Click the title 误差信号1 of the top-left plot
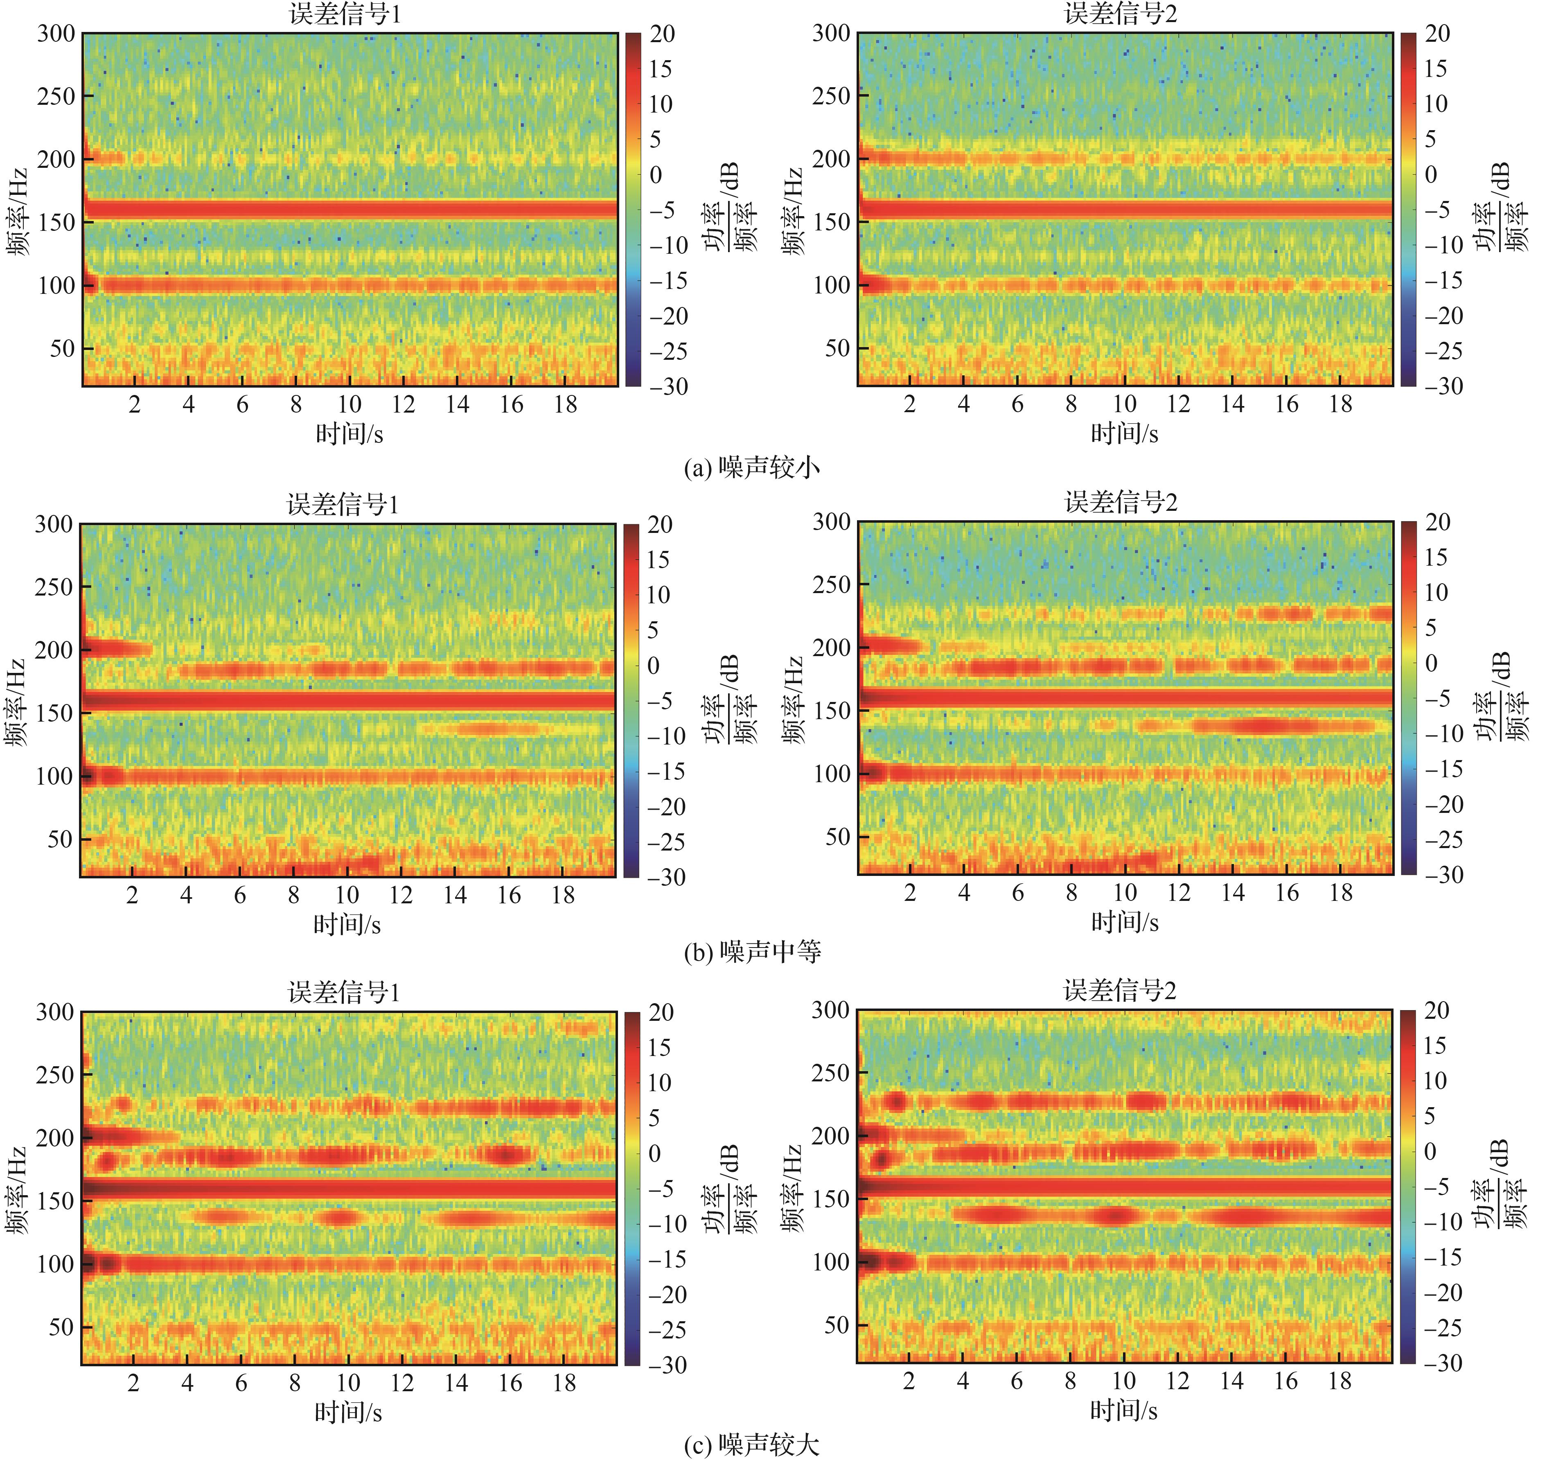(345, 14)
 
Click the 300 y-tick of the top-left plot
(56, 34)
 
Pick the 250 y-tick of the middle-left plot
(54, 587)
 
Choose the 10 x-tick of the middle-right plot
(1125, 893)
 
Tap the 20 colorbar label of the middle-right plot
(1437, 522)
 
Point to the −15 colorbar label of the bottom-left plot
(668, 1259)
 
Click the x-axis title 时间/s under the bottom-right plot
(1124, 1410)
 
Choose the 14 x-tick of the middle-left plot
(455, 895)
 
